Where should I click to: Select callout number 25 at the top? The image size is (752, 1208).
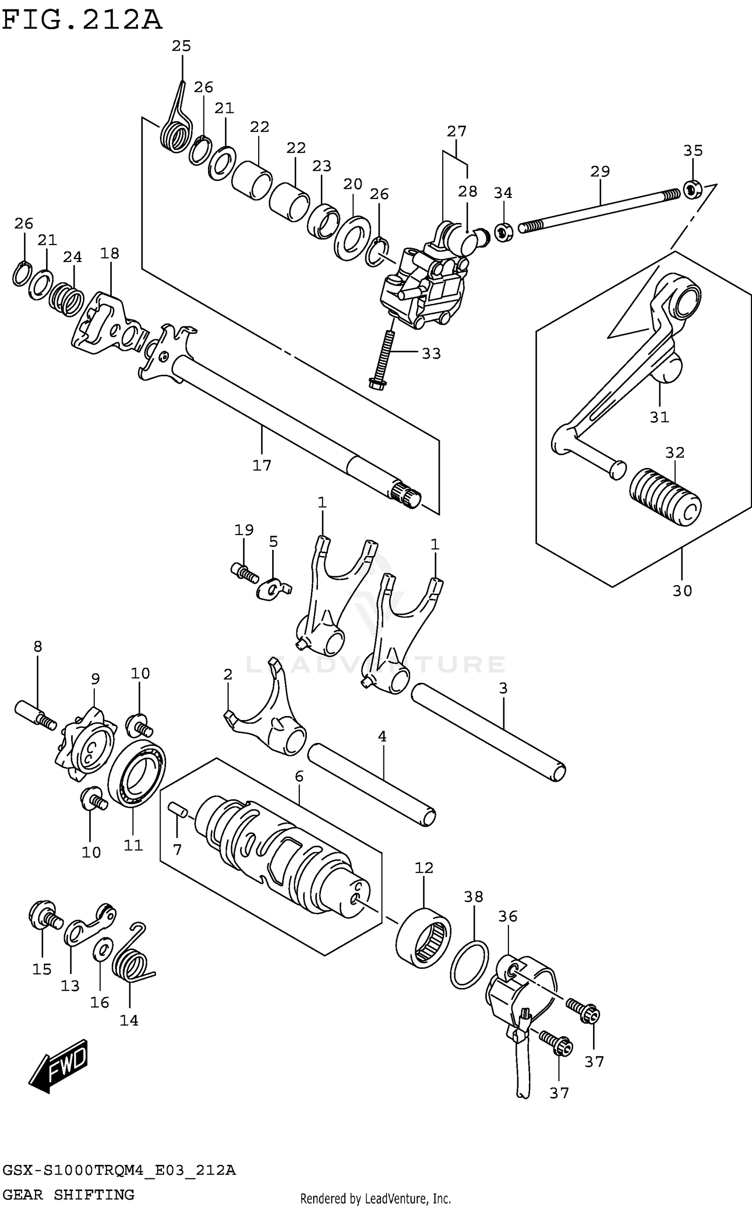(181, 46)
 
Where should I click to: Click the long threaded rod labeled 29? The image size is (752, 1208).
(599, 209)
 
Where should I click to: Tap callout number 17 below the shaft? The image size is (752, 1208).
(261, 465)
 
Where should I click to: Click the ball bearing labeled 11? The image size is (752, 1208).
(137, 773)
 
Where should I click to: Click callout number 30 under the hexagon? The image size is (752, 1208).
(682, 591)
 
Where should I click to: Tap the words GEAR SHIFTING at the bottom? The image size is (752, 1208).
(69, 1195)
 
